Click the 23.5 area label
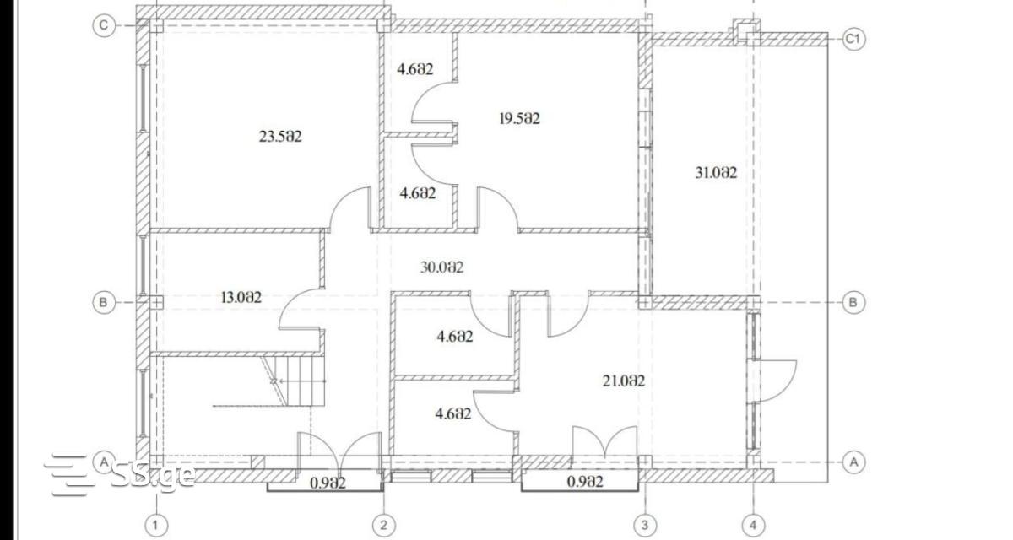pyautogui.click(x=280, y=137)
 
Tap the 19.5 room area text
pyautogui.click(x=520, y=119)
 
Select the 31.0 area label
pyautogui.click(x=716, y=173)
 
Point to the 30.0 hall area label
pyautogui.click(x=441, y=267)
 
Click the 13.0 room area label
pyautogui.click(x=241, y=297)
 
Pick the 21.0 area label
pyautogui.click(x=624, y=381)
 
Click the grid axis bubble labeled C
pyautogui.click(x=104, y=25)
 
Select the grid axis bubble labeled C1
pyautogui.click(x=853, y=40)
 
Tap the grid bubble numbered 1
pyautogui.click(x=156, y=525)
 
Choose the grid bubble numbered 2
pyautogui.click(x=384, y=525)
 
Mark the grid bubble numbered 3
pyautogui.click(x=645, y=525)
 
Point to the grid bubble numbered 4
pyautogui.click(x=753, y=525)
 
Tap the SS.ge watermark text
pyautogui.click(x=153, y=475)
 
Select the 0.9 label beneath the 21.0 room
pyautogui.click(x=585, y=482)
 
